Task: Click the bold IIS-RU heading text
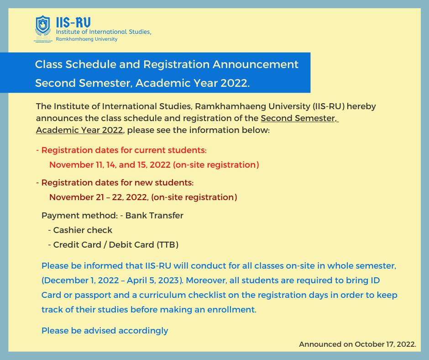[73, 22]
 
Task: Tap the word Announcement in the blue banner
[255, 64]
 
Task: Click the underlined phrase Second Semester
[298, 118]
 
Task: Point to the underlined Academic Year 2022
[79, 130]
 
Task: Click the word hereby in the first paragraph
[361, 106]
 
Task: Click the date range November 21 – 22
[86, 197]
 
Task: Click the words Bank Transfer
[154, 216]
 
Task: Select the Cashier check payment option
[83, 230]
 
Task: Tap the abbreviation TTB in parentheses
[167, 245]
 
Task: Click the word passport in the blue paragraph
[93, 295]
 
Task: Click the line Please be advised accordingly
[105, 331]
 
